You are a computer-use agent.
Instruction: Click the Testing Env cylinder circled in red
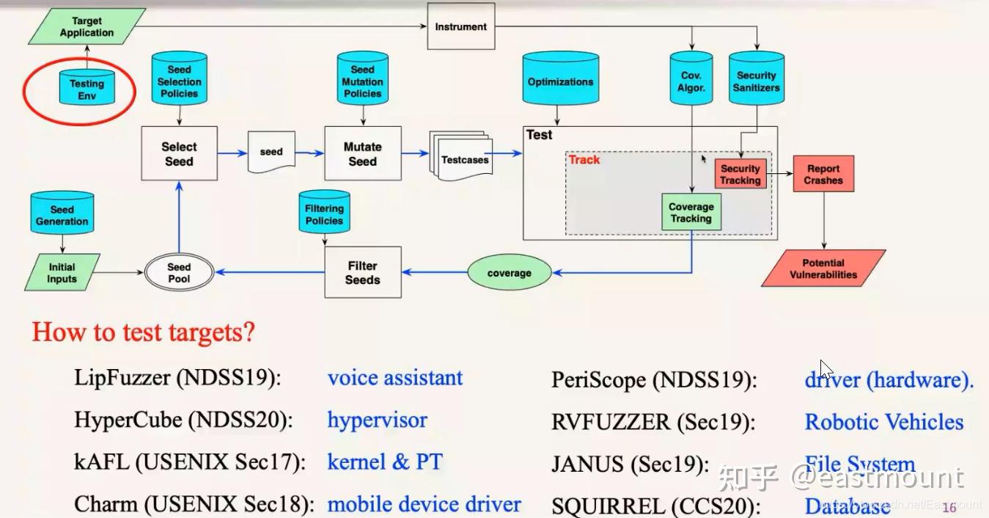point(87,90)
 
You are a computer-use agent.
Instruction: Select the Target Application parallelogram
point(87,27)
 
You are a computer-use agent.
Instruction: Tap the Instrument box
point(460,27)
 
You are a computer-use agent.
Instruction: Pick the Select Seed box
point(179,154)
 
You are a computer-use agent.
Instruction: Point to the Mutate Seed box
point(362,154)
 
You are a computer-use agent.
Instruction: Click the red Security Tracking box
point(740,174)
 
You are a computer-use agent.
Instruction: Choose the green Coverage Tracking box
point(691,212)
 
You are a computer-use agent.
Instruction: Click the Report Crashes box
point(823,174)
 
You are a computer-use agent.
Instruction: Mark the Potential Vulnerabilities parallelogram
point(823,269)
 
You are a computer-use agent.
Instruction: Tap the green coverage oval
point(509,273)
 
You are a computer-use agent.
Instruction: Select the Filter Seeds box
point(362,272)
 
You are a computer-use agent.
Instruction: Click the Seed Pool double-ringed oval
point(179,272)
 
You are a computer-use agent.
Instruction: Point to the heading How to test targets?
point(143,332)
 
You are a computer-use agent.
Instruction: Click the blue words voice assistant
point(394,378)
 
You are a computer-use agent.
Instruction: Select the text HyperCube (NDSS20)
point(183,420)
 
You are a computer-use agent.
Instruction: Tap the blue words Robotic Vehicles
point(883,422)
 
